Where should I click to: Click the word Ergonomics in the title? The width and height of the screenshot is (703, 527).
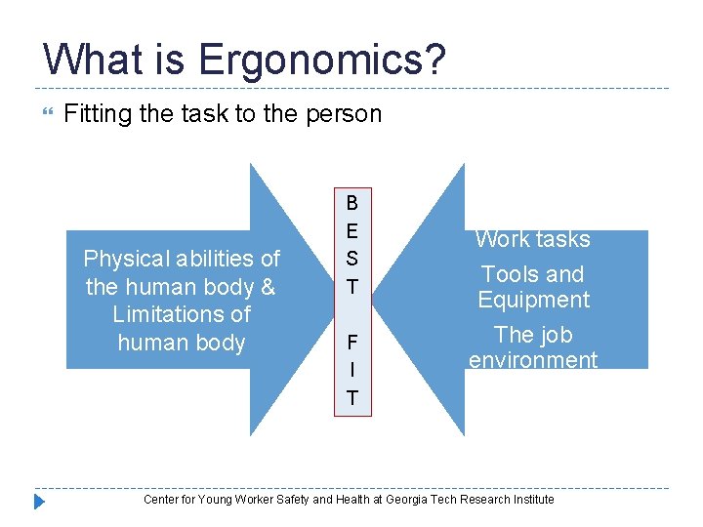(322, 61)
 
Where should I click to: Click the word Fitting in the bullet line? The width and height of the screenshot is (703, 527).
(97, 114)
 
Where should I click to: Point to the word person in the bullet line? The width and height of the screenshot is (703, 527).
(343, 114)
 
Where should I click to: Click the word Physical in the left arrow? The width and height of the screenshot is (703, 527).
(123, 259)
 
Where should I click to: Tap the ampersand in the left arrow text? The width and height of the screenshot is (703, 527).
(268, 287)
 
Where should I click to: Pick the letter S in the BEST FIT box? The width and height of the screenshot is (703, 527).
(351, 259)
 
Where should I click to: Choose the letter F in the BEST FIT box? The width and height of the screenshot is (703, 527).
(351, 343)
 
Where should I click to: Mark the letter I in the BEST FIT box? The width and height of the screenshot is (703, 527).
(351, 371)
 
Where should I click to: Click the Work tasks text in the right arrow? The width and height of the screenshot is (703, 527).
(533, 239)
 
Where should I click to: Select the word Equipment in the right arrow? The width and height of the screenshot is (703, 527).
(533, 300)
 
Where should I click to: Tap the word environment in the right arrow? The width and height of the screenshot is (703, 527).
(533, 360)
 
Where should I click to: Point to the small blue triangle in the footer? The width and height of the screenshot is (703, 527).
(40, 502)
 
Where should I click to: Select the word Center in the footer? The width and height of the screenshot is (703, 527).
(161, 500)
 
